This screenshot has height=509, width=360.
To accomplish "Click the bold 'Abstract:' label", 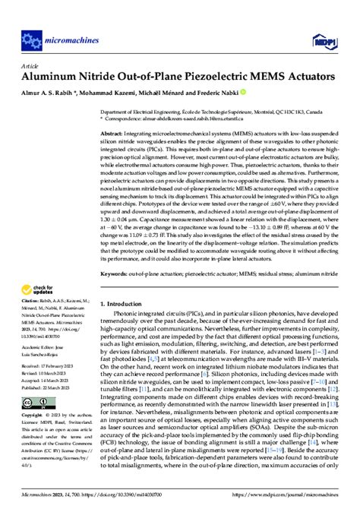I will [115, 133].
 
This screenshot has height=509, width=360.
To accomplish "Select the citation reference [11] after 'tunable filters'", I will [143, 411].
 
